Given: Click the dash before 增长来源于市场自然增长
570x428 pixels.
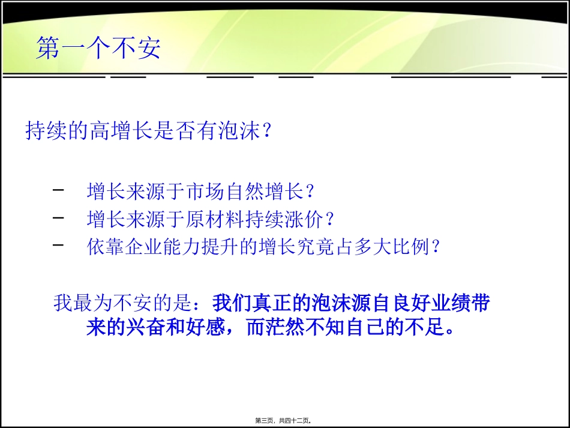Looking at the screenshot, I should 59,191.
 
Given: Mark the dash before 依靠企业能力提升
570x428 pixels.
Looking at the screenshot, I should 59,246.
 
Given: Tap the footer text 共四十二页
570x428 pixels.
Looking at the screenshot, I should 295,421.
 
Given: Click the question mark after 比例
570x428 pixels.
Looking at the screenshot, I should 436,247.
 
